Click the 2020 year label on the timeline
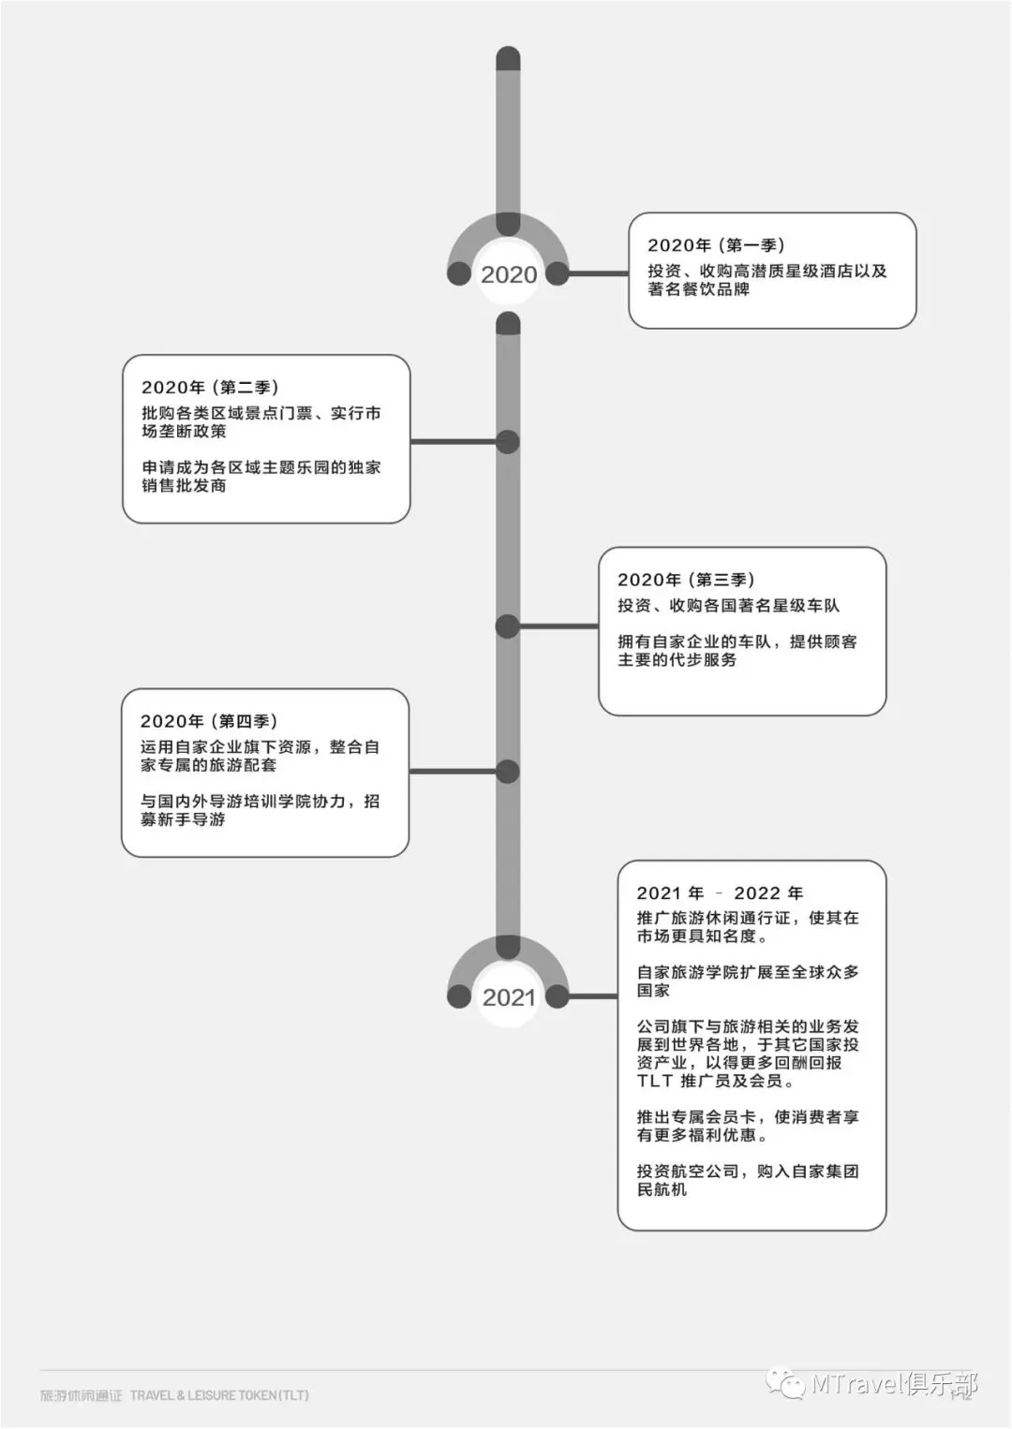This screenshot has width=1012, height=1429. point(509,274)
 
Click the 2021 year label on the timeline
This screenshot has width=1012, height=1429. point(509,997)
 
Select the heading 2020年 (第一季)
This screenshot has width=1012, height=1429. point(715,245)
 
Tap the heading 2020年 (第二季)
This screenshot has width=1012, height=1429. point(209,388)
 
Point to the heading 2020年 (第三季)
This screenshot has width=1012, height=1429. point(685,580)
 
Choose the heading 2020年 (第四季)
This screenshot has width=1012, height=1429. point(208,721)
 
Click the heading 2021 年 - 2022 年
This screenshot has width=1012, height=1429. point(719,893)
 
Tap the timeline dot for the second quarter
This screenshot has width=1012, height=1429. point(508,442)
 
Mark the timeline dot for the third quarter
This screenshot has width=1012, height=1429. point(508,626)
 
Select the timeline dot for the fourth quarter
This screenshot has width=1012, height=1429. point(508,772)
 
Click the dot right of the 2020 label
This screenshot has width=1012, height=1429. point(558,273)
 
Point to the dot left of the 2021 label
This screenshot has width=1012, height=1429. point(459,996)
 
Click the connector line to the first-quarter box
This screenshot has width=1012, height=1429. point(598,273)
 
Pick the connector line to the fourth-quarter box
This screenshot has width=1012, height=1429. point(453,772)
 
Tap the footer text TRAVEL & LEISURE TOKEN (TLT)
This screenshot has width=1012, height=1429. point(219,1395)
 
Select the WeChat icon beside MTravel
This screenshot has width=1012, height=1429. point(785,1383)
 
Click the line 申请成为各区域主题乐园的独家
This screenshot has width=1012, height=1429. point(261,467)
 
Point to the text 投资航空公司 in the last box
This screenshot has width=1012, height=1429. point(688,1171)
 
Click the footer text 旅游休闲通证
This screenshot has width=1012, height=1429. point(82,1395)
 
